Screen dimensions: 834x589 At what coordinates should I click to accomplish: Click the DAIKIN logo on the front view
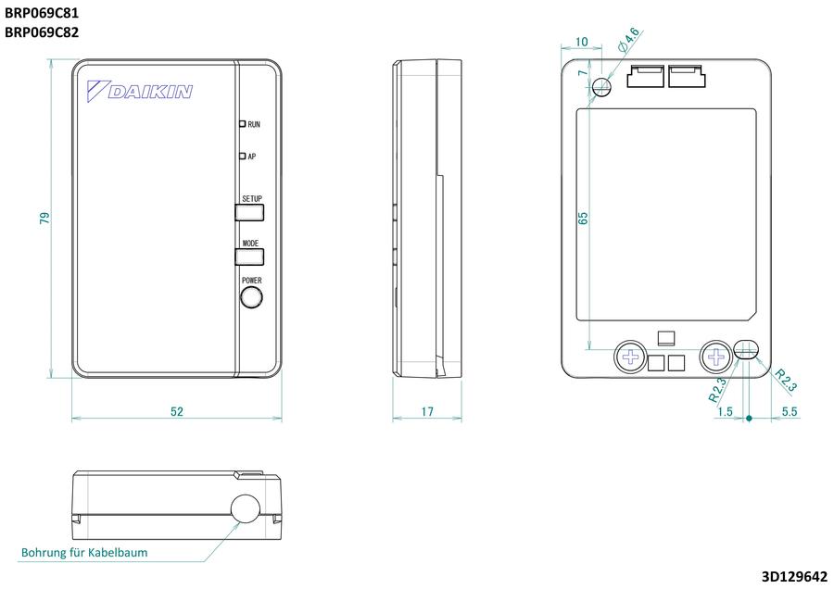click(139, 91)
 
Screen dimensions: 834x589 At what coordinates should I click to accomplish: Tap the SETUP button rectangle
click(249, 212)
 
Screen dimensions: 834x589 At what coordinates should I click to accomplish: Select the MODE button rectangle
click(249, 257)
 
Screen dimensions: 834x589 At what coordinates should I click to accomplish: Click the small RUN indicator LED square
click(242, 124)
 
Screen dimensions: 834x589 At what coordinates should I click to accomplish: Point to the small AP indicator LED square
click(242, 157)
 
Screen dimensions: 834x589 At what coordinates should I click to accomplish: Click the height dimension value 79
click(44, 218)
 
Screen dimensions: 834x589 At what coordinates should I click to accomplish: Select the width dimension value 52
click(177, 411)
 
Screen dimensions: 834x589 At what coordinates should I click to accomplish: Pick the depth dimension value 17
click(427, 411)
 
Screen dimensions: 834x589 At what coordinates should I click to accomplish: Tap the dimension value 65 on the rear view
click(583, 218)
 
